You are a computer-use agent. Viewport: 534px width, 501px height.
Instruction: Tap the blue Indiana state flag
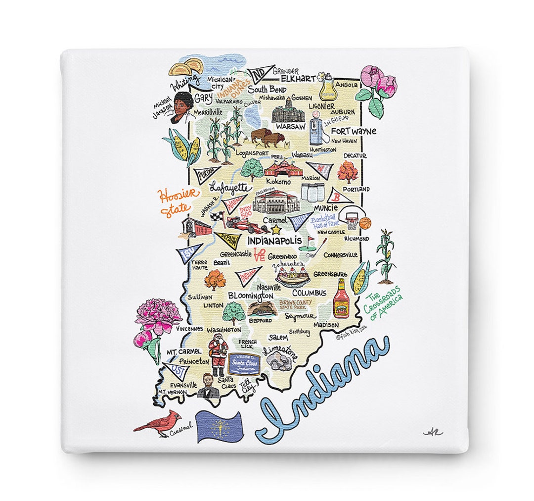tap(218, 426)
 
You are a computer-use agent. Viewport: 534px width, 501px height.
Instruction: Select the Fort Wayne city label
tap(353, 131)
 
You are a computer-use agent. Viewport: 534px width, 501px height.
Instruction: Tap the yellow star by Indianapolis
tap(275, 230)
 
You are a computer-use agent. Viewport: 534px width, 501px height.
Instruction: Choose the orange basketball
tap(364, 223)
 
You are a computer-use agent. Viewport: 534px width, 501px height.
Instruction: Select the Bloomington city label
tap(250, 296)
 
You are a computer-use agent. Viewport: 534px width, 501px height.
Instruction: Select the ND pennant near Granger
tap(258, 75)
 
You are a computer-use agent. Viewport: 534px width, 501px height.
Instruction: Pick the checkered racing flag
tap(217, 217)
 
